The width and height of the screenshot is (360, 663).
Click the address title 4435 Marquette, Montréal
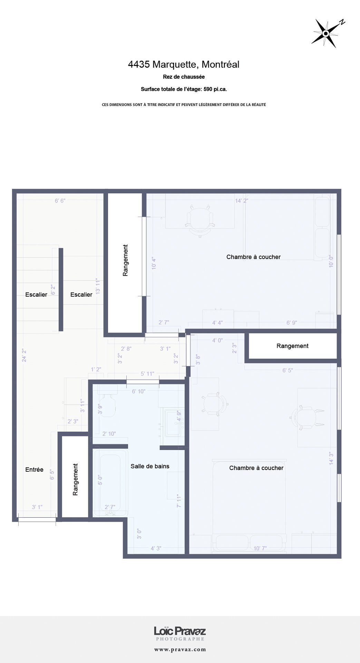click(184, 64)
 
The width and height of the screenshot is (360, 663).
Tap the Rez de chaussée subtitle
click(184, 77)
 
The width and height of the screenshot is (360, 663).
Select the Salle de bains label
click(150, 466)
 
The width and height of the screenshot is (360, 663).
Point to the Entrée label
click(34, 470)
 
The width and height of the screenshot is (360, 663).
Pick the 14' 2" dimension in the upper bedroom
click(242, 201)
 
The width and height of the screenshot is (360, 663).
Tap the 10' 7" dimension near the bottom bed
click(260, 548)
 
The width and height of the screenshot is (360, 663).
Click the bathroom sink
click(174, 423)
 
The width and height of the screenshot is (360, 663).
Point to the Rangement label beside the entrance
click(75, 479)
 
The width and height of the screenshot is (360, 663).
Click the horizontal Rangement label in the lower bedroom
click(292, 346)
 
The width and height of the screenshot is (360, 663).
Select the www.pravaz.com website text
click(180, 649)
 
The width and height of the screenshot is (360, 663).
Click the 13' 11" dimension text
click(98, 286)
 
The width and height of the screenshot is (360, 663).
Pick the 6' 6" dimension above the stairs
click(60, 201)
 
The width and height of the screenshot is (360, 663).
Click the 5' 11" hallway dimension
click(147, 374)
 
